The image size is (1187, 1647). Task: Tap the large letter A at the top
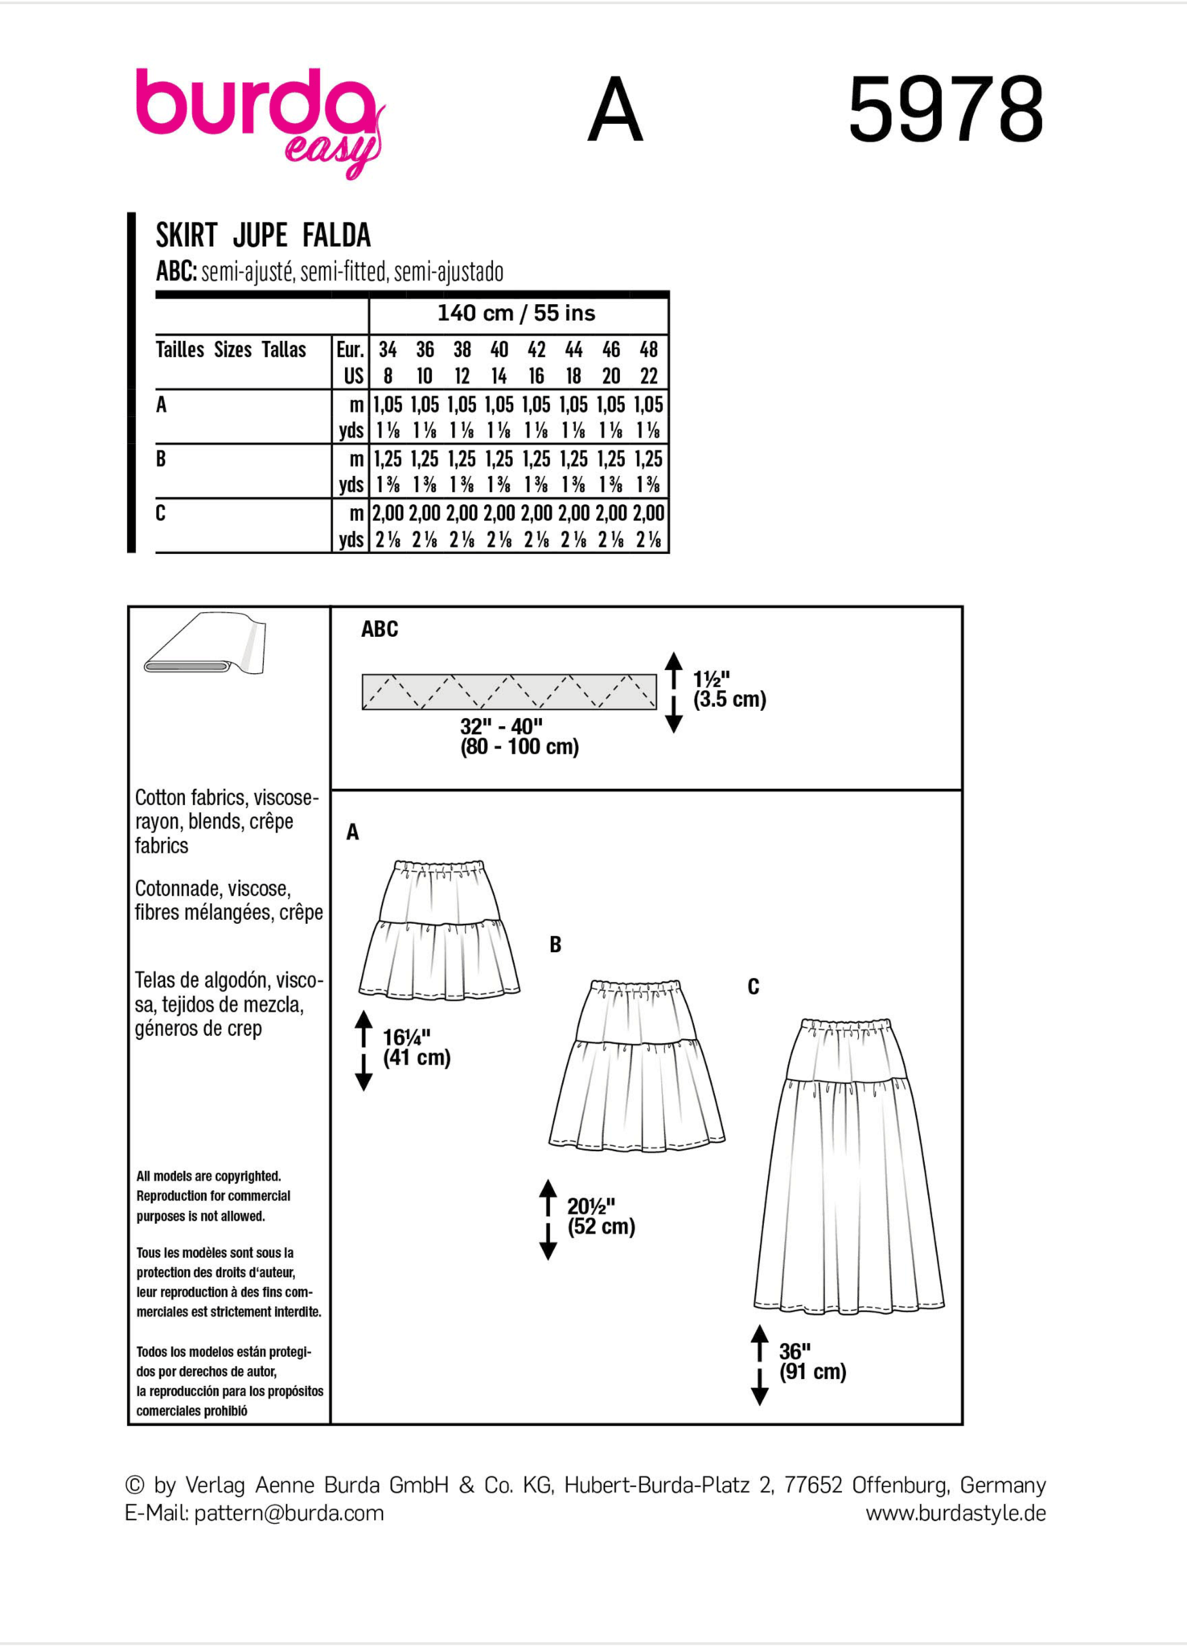pyautogui.click(x=615, y=110)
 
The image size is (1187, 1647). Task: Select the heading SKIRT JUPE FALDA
pyautogui.click(x=263, y=236)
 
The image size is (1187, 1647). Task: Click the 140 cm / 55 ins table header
pyautogui.click(x=516, y=314)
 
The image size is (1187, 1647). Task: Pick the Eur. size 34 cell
pyautogui.click(x=388, y=350)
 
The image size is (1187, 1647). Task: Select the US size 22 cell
pyautogui.click(x=648, y=376)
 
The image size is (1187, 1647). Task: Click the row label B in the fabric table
pyautogui.click(x=161, y=459)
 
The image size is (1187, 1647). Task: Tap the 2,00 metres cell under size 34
pyautogui.click(x=388, y=513)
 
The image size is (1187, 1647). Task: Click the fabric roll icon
pyautogui.click(x=205, y=644)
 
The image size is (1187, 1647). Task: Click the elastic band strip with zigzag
pyautogui.click(x=508, y=692)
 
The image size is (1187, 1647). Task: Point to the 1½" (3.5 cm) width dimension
pyautogui.click(x=729, y=690)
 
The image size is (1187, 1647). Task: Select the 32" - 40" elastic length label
pyautogui.click(x=519, y=737)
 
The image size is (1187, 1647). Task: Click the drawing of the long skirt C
pyautogui.click(x=849, y=1166)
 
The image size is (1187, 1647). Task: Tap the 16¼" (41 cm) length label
pyautogui.click(x=416, y=1047)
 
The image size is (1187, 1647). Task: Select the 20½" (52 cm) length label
pyautogui.click(x=600, y=1216)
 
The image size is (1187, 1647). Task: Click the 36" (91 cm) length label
pyautogui.click(x=811, y=1362)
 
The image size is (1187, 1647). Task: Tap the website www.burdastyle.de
pyautogui.click(x=955, y=1514)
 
